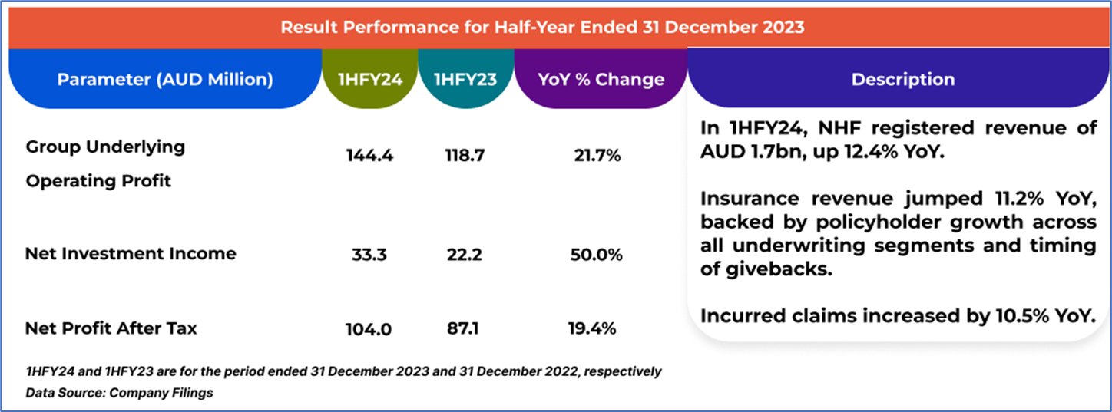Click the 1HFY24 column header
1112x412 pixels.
tap(370, 80)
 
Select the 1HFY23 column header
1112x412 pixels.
tap(465, 80)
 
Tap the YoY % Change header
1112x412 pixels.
tap(601, 80)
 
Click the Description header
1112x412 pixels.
tap(903, 80)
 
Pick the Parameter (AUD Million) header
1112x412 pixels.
tap(165, 80)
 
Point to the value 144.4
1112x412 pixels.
tap(370, 156)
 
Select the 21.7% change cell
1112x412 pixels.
tap(597, 156)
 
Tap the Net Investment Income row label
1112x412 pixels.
tap(131, 254)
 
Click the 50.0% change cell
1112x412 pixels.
tap(597, 255)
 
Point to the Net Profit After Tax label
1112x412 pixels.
tap(111, 328)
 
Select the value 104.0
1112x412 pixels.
tap(369, 329)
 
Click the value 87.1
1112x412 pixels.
tap(463, 329)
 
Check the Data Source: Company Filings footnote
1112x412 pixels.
tap(119, 393)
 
